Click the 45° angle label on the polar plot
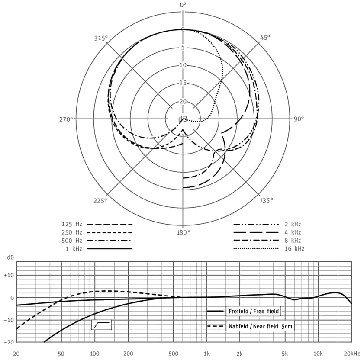tap(264, 38)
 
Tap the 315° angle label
tap(101, 38)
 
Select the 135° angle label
tap(266, 200)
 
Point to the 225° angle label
tap(100, 200)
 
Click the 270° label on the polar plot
tap(66, 119)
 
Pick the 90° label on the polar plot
tap(299, 119)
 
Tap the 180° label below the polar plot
tap(184, 232)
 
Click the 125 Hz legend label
tap(72, 224)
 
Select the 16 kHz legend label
tap(294, 249)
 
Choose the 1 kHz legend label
tap(74, 249)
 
